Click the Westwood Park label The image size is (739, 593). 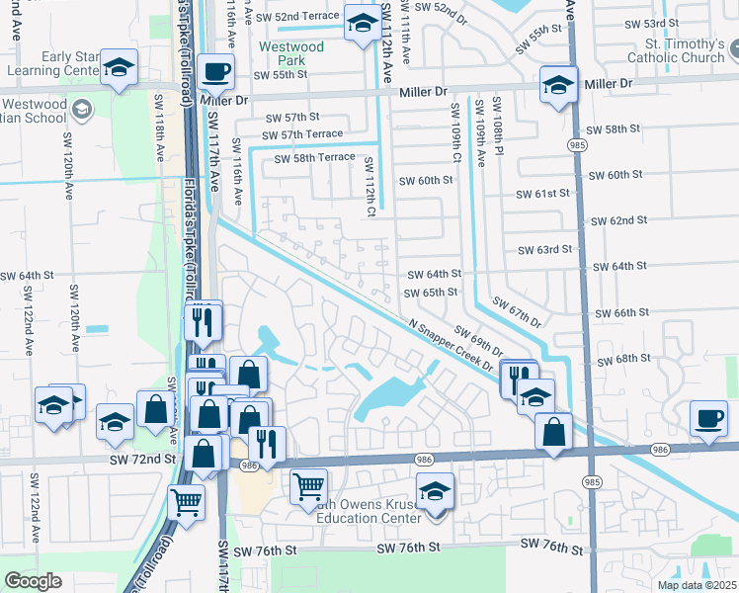(x=290, y=53)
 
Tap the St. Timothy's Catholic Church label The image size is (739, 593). (x=673, y=51)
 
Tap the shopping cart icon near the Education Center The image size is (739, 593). (x=308, y=486)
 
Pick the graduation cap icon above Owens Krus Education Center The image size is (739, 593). (x=434, y=490)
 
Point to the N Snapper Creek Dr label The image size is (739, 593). (x=452, y=345)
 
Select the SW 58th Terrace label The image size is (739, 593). (x=314, y=158)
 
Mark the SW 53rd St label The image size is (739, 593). (x=662, y=23)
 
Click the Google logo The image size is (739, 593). (x=34, y=581)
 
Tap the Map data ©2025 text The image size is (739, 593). (x=696, y=585)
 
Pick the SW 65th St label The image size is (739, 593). (x=432, y=293)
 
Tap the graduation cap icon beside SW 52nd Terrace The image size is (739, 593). (x=362, y=22)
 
